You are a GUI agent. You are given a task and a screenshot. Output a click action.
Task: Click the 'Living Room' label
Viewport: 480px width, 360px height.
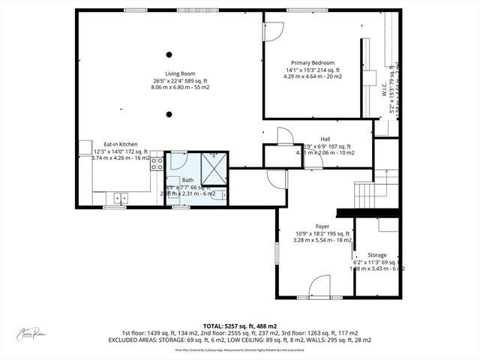169,73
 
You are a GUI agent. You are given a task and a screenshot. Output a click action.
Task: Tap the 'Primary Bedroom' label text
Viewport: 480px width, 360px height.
313,63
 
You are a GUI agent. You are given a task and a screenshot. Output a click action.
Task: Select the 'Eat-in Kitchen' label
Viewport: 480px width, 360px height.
120,144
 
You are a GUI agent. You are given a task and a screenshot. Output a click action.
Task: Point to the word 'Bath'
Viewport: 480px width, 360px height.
187,180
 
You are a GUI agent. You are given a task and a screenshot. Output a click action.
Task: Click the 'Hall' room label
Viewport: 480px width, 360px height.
325,139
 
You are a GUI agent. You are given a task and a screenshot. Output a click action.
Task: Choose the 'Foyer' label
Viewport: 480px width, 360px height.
322,226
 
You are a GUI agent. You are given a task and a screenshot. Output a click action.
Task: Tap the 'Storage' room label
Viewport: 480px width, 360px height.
377,255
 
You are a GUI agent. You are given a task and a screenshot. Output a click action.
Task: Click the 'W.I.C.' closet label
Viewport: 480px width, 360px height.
383,95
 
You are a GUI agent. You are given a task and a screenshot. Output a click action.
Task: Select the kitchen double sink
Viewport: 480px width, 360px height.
121,198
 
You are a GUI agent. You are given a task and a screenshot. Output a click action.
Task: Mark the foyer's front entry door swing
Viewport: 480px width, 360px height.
319,286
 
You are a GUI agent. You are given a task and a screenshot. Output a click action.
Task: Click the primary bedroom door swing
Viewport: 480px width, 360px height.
273,30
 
